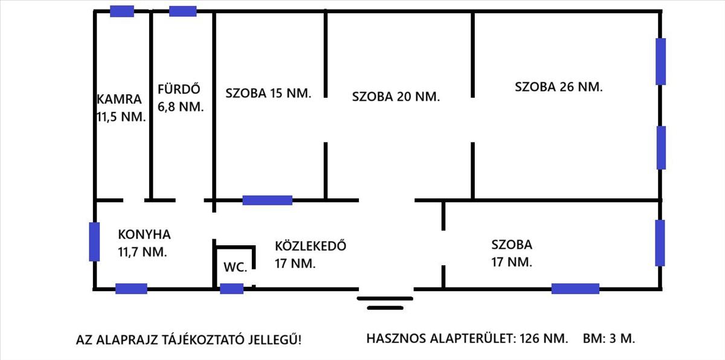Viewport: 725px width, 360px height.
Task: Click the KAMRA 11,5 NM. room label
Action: coord(121,108)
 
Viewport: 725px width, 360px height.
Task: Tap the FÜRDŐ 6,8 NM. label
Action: coord(180,98)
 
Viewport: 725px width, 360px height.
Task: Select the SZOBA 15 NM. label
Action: coord(268,94)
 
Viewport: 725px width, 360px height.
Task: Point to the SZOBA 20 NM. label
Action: coord(396,96)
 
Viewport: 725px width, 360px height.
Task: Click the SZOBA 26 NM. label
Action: coord(558,86)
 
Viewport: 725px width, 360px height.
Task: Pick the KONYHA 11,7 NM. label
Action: coord(144,243)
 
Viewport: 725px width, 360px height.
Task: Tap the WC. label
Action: coord(235,268)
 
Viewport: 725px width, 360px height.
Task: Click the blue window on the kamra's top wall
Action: coord(122,11)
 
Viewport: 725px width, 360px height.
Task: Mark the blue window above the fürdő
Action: coord(182,11)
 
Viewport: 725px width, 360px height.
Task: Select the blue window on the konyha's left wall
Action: coord(94,242)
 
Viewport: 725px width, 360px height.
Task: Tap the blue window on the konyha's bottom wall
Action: coord(131,289)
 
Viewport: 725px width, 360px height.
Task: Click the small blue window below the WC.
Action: coord(231,289)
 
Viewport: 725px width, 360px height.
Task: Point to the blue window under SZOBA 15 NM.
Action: coord(267,200)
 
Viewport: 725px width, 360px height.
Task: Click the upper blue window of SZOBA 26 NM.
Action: coord(661,61)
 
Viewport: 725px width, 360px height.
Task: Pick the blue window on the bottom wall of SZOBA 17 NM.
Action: coord(575,289)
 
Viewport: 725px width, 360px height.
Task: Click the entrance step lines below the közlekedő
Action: coord(385,303)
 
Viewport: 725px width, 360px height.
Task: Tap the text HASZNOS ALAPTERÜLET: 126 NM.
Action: coord(467,338)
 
